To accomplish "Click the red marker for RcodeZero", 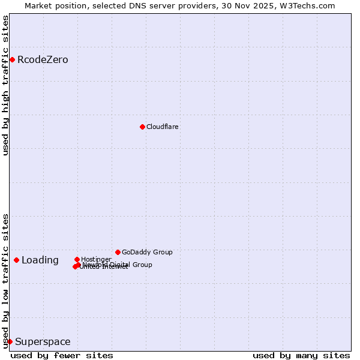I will point(12,59).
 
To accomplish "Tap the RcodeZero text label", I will point(43,60).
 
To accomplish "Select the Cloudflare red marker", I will point(142,127).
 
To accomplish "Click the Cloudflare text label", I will point(163,127).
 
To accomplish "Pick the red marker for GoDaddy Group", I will point(118,252).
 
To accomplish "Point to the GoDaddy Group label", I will point(147,253).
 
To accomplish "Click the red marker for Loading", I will point(16,260).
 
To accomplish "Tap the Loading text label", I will point(40,260).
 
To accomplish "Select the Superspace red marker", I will point(10,341).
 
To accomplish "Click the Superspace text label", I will point(43,342).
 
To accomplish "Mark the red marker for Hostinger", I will point(77,259).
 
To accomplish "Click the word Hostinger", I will point(96,260).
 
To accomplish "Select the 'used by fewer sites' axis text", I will point(62,356).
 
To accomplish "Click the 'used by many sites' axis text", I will point(301,356).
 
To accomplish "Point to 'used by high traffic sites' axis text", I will point(6,85).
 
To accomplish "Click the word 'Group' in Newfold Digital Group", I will point(142,265).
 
